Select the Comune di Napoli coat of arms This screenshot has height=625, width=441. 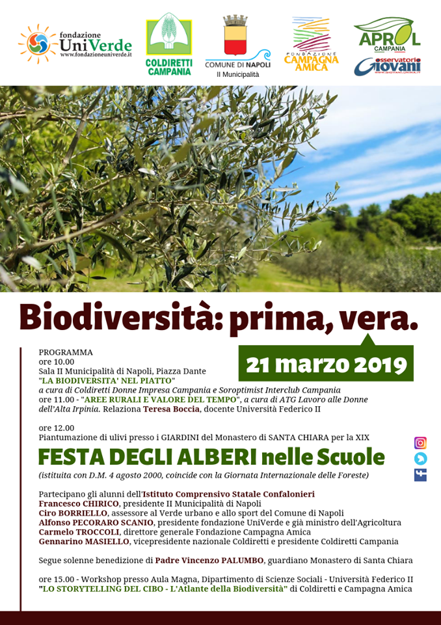[237, 38]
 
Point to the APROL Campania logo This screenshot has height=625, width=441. [388, 36]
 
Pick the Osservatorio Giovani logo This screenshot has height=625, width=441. [388, 66]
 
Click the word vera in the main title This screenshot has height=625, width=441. [380, 318]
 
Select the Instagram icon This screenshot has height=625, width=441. [420, 443]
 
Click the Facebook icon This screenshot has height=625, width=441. [420, 475]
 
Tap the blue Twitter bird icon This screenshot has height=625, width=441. [420, 459]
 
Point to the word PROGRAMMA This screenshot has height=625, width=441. [66, 352]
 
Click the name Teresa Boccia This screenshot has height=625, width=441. [173, 409]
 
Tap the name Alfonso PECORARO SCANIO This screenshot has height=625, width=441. [96, 522]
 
